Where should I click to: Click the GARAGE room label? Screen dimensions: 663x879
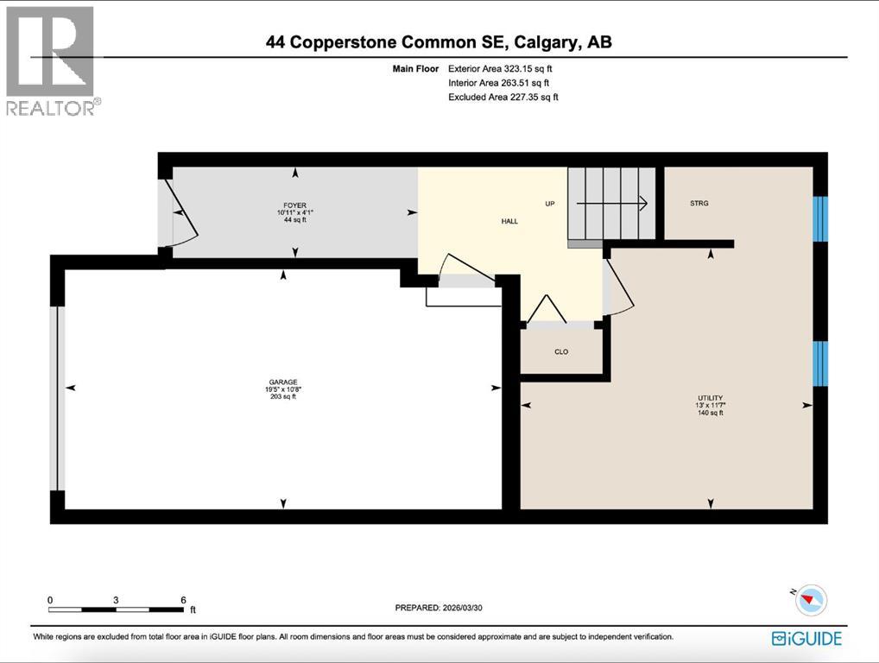coord(282,382)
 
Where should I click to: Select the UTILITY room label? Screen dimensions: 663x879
coord(709,398)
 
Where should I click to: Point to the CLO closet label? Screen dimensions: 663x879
coord(561,351)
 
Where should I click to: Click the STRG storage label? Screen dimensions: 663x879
coord(699,204)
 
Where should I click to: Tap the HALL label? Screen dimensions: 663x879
coord(509,222)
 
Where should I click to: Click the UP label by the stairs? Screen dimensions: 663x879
coord(549,205)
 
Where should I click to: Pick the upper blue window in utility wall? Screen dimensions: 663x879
coord(820,218)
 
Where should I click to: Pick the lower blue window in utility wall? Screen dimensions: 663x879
coord(820,363)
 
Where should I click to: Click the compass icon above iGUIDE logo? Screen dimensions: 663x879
coord(811,600)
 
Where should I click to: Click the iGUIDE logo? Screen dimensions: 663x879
coord(806,639)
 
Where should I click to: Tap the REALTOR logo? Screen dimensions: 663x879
coord(52,60)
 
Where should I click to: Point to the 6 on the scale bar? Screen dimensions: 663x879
coord(182,600)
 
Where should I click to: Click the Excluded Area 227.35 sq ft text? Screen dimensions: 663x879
coord(503,98)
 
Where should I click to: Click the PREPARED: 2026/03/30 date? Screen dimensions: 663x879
coord(439,607)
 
